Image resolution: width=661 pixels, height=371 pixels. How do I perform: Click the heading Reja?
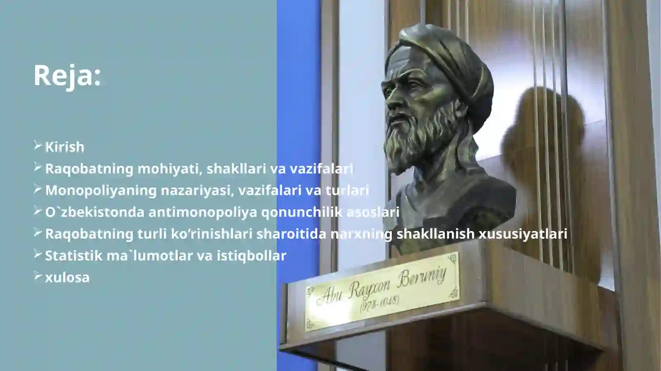[67, 76]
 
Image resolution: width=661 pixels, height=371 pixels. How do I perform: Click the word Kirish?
[64, 147]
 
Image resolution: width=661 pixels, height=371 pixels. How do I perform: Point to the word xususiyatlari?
[523, 234]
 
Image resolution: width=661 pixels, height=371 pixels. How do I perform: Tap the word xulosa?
[67, 278]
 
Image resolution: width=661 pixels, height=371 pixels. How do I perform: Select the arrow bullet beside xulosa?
[38, 276]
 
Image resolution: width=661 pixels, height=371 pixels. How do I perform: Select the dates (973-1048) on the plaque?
[379, 304]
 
